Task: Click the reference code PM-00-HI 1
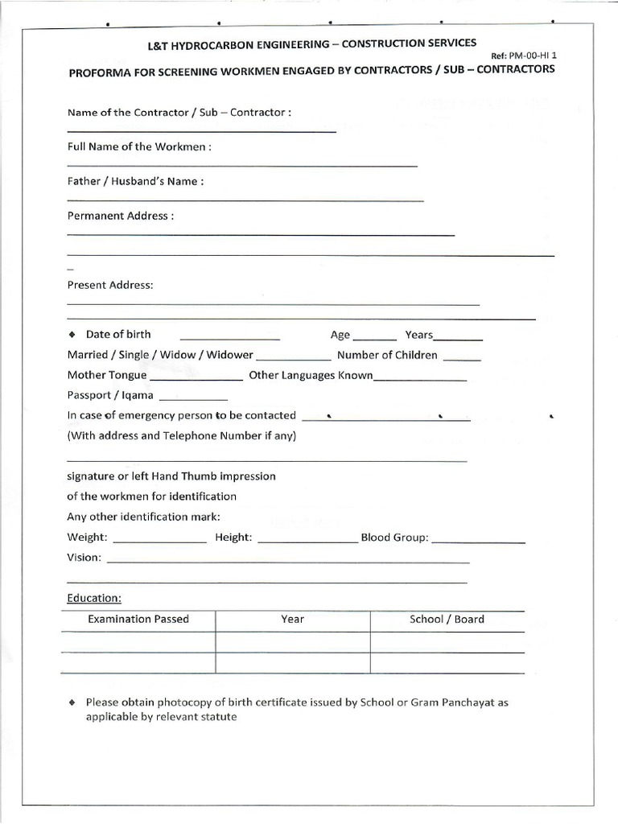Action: (x=529, y=56)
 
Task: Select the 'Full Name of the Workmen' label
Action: (x=139, y=147)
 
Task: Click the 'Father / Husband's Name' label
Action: (x=135, y=182)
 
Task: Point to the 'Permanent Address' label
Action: (x=120, y=216)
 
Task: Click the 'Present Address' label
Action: (x=109, y=285)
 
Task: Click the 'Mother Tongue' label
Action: (x=107, y=375)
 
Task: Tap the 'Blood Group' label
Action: (x=394, y=538)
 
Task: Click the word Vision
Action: (x=84, y=558)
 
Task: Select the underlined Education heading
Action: (x=94, y=599)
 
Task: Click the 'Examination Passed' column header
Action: (x=138, y=619)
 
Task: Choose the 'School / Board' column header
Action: (x=447, y=619)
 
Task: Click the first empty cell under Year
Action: (x=292, y=642)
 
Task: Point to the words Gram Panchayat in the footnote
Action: (x=454, y=702)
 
